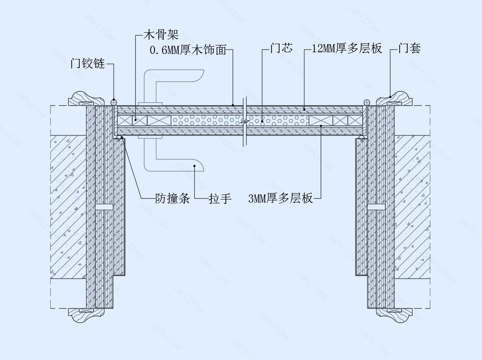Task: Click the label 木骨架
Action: pos(161,34)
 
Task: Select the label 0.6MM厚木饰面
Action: pos(188,50)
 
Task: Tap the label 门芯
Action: pos(281,48)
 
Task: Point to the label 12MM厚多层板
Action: pos(347,48)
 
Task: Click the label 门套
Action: pos(409,48)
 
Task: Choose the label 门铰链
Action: pos(88,64)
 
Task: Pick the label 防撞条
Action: pos(172,198)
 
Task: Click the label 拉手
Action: pos(220,198)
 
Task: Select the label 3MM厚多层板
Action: pos(280,198)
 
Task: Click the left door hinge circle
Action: pos(114,102)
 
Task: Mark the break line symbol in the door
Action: pos(245,122)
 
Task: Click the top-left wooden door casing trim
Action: pos(87,99)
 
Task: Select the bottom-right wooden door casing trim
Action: pos(395,315)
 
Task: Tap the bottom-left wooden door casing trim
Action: pos(87,315)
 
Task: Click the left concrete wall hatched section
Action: pos(68,207)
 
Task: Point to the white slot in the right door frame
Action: pos(377,207)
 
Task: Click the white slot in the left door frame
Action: pos(104,207)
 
